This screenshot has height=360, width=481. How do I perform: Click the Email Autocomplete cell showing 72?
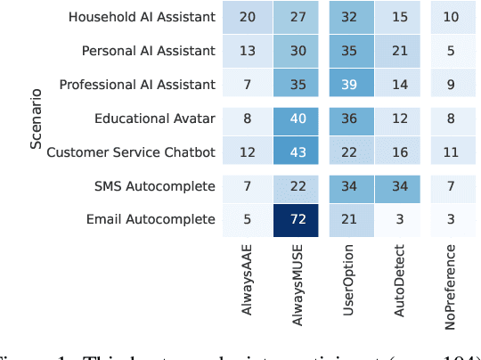[x=299, y=219]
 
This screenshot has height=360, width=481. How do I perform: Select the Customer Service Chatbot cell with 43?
[x=299, y=151]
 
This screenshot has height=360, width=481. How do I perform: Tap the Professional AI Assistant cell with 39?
[x=351, y=85]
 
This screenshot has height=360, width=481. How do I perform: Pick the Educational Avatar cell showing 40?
[x=299, y=119]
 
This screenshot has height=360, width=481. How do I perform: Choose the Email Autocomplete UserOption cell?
[x=351, y=219]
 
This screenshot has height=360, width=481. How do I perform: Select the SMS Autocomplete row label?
[x=155, y=185]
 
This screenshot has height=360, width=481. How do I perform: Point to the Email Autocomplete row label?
[x=151, y=219]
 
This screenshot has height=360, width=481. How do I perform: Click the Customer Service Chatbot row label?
[x=131, y=151]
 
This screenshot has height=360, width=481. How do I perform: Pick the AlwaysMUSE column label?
[x=300, y=281]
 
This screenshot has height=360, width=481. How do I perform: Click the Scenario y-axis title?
[x=35, y=119]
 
